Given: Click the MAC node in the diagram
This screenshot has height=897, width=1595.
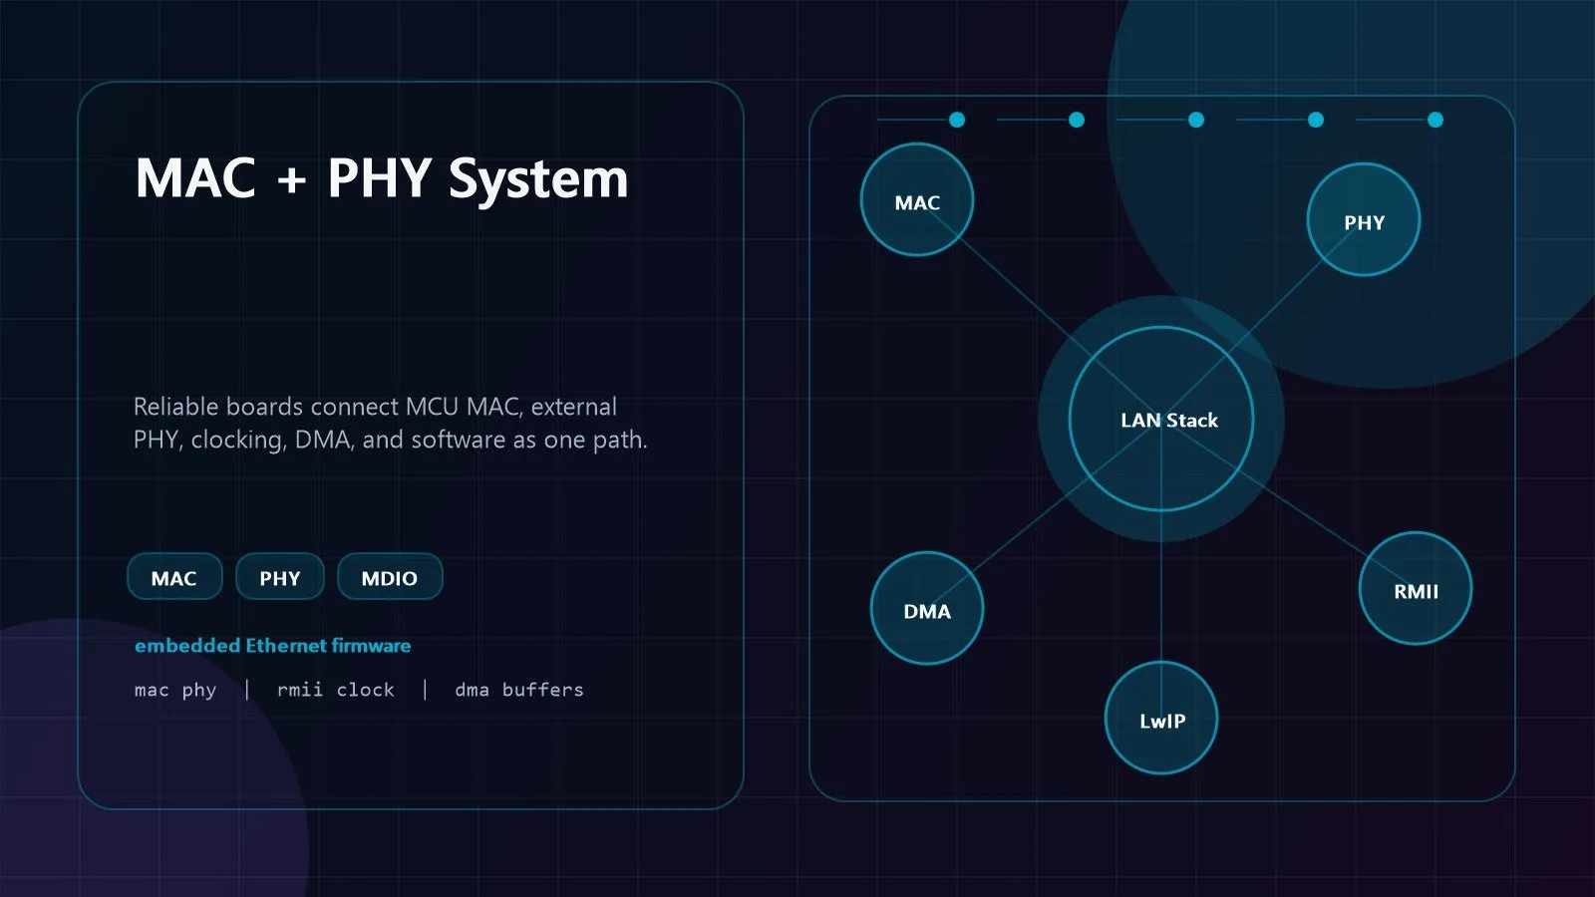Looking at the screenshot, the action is tap(917, 200).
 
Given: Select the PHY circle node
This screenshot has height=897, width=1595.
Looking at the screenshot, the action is tap(1364, 220).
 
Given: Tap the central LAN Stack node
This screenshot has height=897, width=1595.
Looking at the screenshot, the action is tap(1161, 420).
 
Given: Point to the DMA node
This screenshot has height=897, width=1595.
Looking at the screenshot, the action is tap(927, 609).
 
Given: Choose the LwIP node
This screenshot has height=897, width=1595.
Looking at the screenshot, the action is tap(1161, 719).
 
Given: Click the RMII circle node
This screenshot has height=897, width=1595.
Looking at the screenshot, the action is tap(1416, 589).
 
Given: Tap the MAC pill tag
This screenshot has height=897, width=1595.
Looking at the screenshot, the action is tap(174, 577).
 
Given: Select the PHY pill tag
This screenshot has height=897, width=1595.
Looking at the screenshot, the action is tap(280, 577).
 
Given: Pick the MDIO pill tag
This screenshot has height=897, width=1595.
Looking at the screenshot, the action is tap(390, 577).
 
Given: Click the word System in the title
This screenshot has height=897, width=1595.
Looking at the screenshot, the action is tap(538, 179).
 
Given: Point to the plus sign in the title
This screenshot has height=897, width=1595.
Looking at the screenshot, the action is tap(292, 179).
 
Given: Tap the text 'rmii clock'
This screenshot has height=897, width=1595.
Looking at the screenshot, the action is tap(335, 689).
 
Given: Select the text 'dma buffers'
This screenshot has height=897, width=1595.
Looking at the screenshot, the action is tap(519, 689).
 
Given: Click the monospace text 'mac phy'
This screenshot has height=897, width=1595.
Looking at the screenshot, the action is tap(175, 691).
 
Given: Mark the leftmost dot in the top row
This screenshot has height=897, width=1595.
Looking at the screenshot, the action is tap(957, 120).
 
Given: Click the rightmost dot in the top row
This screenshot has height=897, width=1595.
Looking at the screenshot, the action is tap(1435, 120).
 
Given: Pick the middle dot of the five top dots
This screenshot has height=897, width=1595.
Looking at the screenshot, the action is tap(1196, 120).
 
